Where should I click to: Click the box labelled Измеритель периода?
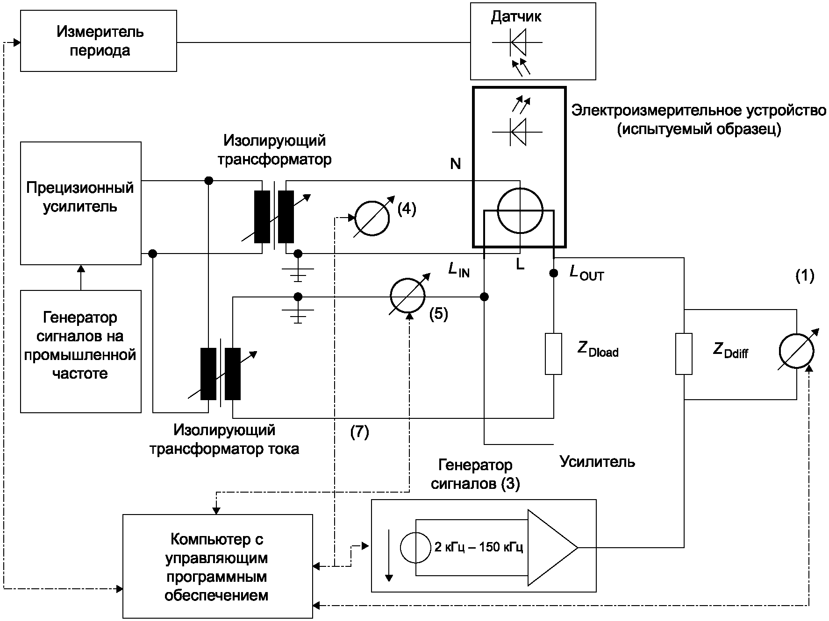point(99,42)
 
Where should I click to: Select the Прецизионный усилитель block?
point(80,203)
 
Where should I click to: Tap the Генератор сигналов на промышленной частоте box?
point(80,351)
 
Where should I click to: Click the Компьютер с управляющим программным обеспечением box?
point(217,566)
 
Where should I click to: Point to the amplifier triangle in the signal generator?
point(551,547)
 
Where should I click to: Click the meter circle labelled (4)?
point(372,218)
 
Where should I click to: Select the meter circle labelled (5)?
point(407,296)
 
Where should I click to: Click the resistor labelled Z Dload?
point(554,353)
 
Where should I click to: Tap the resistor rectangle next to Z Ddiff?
point(684,353)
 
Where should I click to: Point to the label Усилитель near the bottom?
point(597,462)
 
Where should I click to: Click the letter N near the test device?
point(455,164)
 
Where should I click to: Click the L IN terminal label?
point(459,269)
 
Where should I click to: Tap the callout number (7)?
point(359,432)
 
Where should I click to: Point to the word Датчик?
point(516,17)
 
